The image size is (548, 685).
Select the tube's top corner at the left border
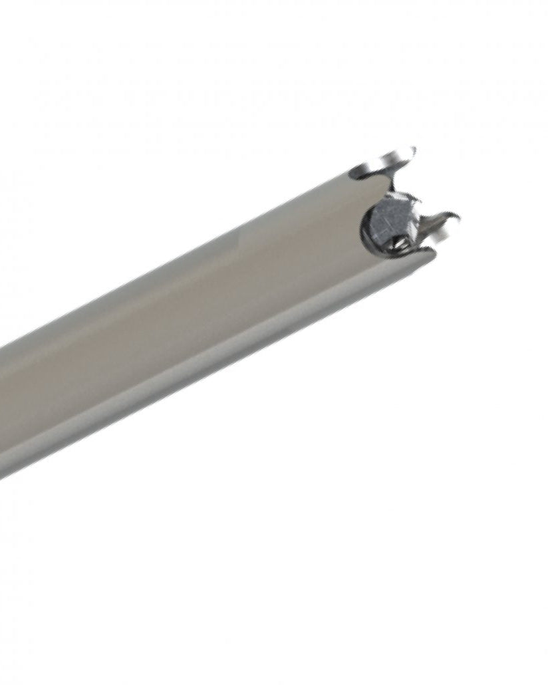click(x=2, y=346)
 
